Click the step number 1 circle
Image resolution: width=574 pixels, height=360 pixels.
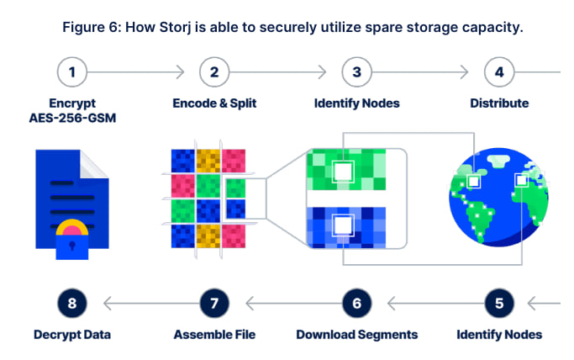(x=72, y=72)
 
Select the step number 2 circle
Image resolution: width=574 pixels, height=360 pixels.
(x=214, y=72)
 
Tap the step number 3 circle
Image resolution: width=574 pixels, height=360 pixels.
(x=357, y=72)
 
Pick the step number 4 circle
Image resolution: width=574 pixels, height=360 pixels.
(x=499, y=72)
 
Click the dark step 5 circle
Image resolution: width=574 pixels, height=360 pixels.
(x=499, y=302)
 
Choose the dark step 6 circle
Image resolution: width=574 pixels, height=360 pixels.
(x=357, y=302)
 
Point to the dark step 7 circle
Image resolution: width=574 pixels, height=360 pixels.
(x=214, y=302)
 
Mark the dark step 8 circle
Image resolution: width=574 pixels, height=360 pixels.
(x=72, y=302)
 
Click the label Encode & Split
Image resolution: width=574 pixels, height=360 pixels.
(x=214, y=103)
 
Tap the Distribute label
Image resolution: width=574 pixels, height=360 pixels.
(x=499, y=103)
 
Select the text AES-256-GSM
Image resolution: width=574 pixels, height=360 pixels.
(x=72, y=119)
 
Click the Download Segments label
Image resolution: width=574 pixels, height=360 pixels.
(x=357, y=334)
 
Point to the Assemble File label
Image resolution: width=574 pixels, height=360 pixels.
(x=214, y=334)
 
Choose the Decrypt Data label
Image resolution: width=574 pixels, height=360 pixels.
(x=72, y=334)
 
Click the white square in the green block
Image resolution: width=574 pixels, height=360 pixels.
(x=343, y=172)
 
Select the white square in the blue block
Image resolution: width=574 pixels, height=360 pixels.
(x=343, y=226)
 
